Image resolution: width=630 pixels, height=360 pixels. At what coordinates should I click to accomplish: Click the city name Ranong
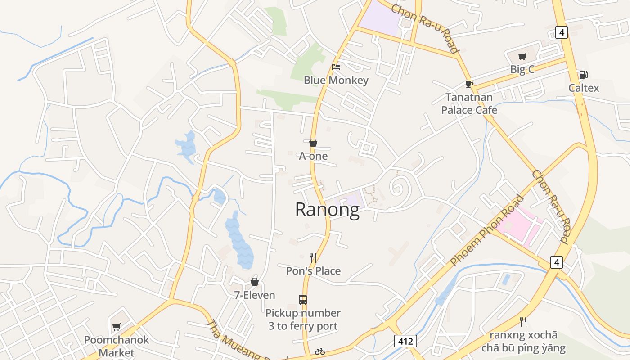327,210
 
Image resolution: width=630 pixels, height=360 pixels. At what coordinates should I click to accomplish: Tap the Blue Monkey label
336,81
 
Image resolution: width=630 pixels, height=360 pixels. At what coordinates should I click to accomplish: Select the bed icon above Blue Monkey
336,67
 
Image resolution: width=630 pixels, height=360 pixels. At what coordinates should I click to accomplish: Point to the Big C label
522,69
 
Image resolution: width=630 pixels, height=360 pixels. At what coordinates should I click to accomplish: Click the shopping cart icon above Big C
522,56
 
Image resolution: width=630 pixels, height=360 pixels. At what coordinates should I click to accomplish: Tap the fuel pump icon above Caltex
583,75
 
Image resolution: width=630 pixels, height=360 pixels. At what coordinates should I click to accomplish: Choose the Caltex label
584,88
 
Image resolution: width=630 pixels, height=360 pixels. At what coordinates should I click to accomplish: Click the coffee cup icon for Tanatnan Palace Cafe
469,84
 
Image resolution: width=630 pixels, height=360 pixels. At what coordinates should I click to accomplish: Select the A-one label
313,156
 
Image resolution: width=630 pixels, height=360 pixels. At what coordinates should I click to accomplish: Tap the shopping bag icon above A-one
313,143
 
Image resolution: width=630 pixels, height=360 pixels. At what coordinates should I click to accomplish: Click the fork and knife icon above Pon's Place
313,257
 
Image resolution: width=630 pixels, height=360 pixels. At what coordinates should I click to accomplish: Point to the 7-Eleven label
255,295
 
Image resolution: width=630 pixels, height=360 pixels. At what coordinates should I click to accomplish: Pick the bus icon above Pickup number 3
303,299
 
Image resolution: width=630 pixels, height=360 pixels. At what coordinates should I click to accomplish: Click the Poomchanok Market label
116,346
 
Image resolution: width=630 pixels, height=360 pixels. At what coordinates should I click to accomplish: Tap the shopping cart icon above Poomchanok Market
117,327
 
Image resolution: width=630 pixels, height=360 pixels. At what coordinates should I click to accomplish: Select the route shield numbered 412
405,341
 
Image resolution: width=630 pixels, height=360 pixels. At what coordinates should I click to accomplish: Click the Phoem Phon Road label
487,229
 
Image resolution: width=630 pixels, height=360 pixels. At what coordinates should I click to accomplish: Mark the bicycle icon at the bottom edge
320,351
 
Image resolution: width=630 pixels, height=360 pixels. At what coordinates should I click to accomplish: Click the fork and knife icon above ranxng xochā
523,321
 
